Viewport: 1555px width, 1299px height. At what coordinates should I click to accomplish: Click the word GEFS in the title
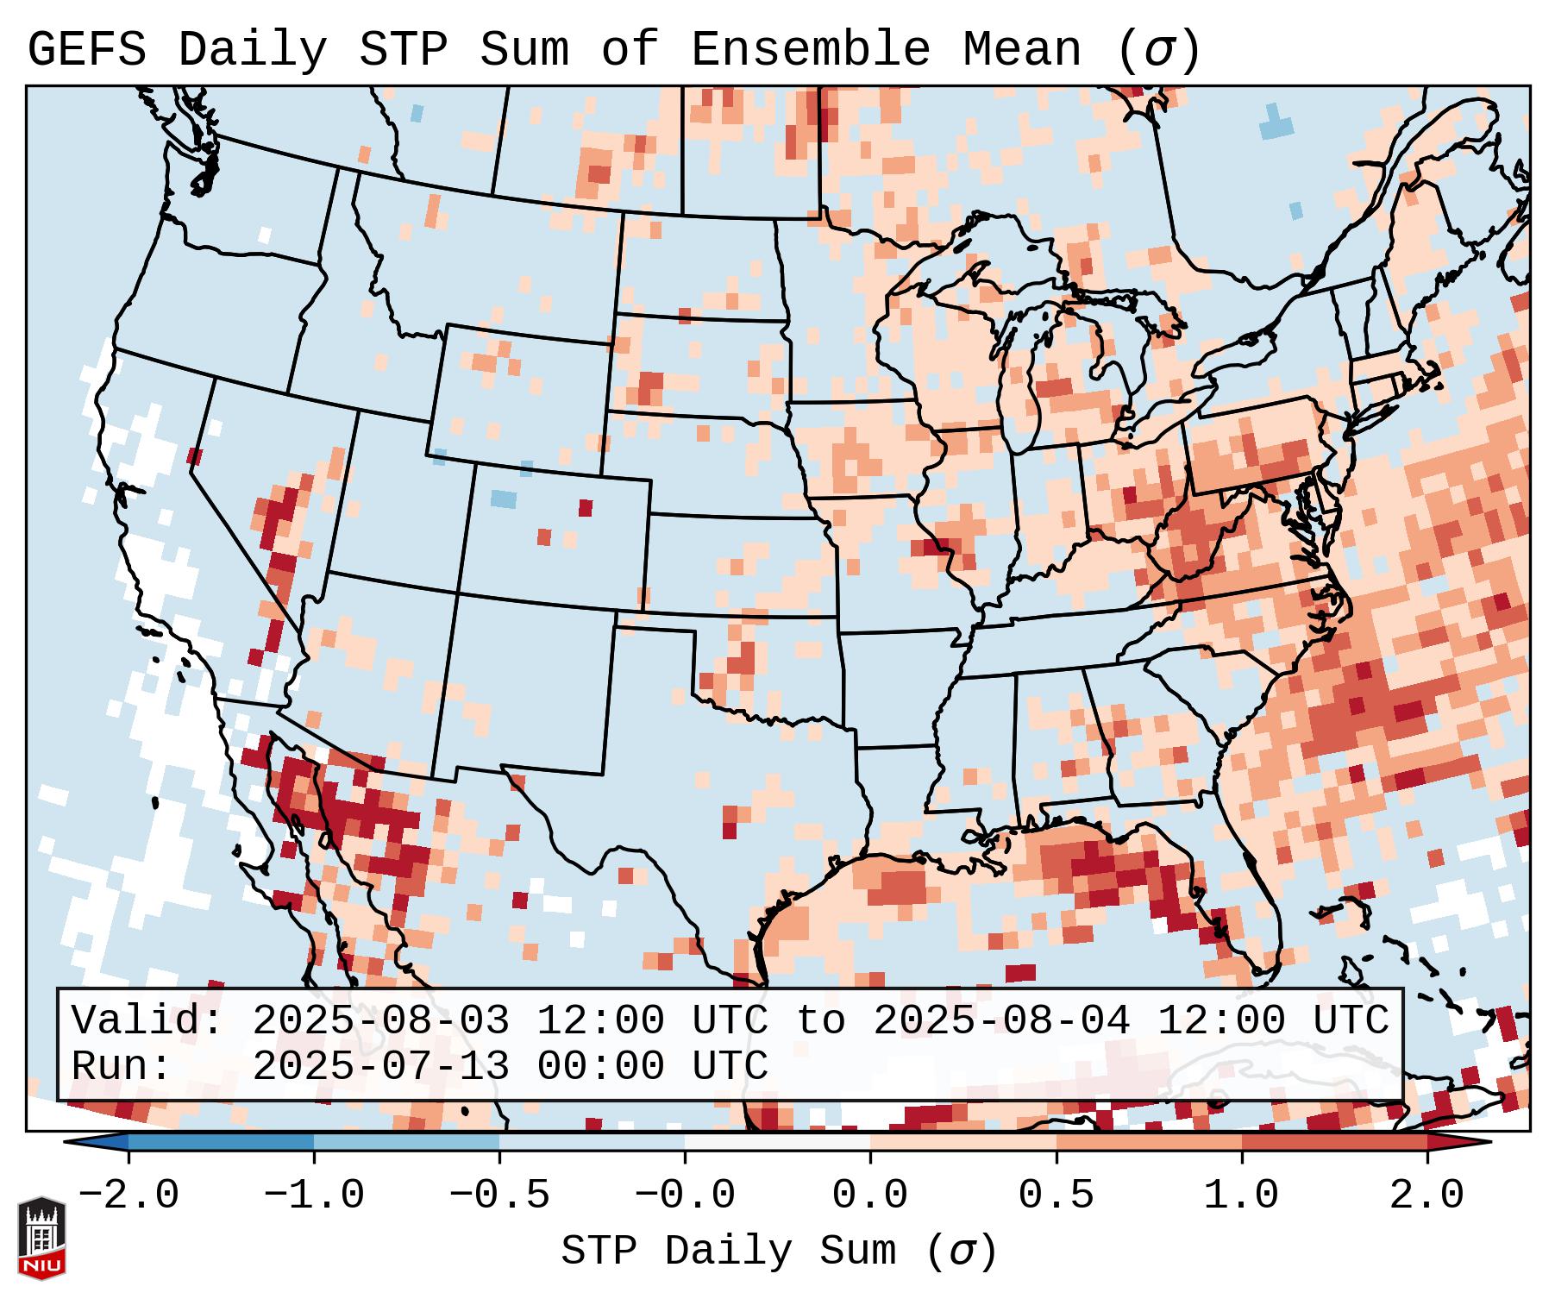point(87,50)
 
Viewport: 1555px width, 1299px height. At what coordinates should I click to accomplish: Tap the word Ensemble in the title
point(811,50)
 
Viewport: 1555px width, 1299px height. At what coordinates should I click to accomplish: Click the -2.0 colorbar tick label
point(129,1195)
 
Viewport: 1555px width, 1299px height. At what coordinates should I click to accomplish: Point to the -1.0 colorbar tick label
point(314,1195)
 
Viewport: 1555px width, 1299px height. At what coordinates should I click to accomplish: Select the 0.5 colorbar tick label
point(1057,1195)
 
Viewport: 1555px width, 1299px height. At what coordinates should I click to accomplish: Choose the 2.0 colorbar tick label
point(1427,1195)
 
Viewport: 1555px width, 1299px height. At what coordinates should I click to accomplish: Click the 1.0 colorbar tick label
point(1242,1195)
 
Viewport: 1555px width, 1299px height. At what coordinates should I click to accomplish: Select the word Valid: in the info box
point(147,1021)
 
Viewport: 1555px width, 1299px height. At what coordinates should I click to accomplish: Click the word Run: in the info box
point(122,1067)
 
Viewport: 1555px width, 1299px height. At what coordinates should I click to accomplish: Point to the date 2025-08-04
point(1001,1021)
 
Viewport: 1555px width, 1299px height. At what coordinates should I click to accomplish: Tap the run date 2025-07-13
point(380,1067)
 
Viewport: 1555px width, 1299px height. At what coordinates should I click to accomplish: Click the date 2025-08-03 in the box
point(380,1021)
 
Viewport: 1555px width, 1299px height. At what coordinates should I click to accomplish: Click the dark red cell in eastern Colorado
point(586,507)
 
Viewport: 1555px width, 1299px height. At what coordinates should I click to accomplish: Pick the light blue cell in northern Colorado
point(503,499)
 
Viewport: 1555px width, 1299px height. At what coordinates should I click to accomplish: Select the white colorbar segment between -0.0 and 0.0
point(777,1142)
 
